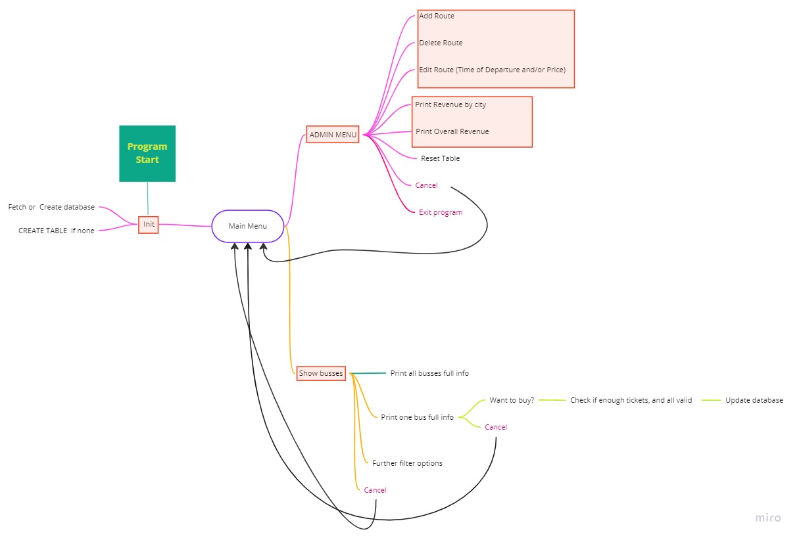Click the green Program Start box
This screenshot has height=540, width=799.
click(x=147, y=153)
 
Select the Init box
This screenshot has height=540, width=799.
click(x=149, y=224)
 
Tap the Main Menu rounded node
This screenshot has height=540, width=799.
click(x=248, y=226)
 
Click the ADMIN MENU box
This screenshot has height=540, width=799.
click(x=333, y=135)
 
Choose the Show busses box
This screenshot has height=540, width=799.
click(x=321, y=373)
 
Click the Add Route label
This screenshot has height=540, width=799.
click(x=437, y=16)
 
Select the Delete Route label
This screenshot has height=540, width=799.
click(x=441, y=43)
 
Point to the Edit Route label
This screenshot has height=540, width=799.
click(x=492, y=70)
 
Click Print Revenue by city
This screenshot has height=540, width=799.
click(x=450, y=104)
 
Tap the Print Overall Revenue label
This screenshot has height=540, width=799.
click(x=452, y=131)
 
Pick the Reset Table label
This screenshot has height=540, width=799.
click(x=440, y=158)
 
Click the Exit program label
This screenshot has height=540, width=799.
click(x=441, y=212)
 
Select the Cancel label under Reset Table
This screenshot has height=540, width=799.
click(x=426, y=185)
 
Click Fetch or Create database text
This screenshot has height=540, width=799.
click(x=51, y=207)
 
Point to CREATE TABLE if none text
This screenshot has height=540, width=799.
click(x=56, y=231)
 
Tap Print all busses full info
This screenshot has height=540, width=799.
click(x=429, y=373)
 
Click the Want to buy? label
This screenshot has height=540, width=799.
click(x=512, y=400)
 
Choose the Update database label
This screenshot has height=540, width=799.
click(x=754, y=400)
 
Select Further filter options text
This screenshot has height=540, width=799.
click(x=407, y=463)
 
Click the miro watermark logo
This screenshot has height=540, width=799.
click(x=768, y=518)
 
